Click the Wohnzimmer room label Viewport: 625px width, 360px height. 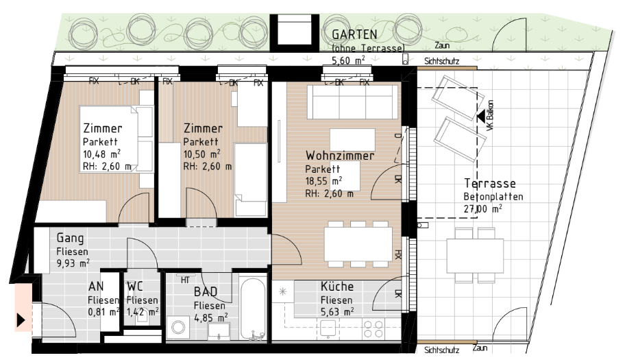tap(340, 155)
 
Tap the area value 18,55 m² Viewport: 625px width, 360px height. tap(323, 181)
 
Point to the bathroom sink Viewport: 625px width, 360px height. tap(219, 331)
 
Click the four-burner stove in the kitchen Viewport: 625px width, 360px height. tap(373, 328)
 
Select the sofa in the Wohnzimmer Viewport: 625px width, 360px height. tap(352, 102)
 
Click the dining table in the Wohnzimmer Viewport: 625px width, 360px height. tap(358, 244)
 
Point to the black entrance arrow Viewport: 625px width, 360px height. tap(21, 320)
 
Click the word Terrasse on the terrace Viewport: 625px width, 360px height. tap(490, 183)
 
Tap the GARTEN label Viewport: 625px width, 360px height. tap(354, 35)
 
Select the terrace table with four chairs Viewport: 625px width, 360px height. tap(475, 255)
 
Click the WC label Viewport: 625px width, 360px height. tap(135, 286)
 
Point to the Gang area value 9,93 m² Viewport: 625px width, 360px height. tap(73, 263)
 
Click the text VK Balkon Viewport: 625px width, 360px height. tap(490, 115)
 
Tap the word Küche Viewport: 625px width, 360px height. tap(336, 286)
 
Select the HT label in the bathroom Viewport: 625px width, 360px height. tap(185, 280)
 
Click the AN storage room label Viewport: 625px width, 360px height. tap(96, 286)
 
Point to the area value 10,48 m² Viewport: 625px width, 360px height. tap(101, 154)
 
